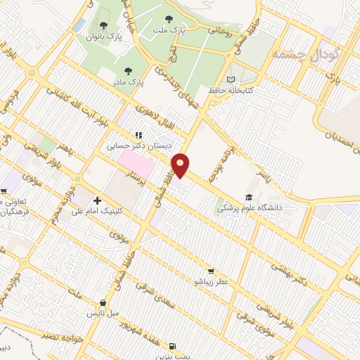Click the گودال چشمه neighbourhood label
(x=305, y=54)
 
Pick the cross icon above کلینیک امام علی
(x=97, y=200)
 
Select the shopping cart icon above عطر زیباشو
(x=210, y=271)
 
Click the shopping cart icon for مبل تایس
(x=103, y=303)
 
